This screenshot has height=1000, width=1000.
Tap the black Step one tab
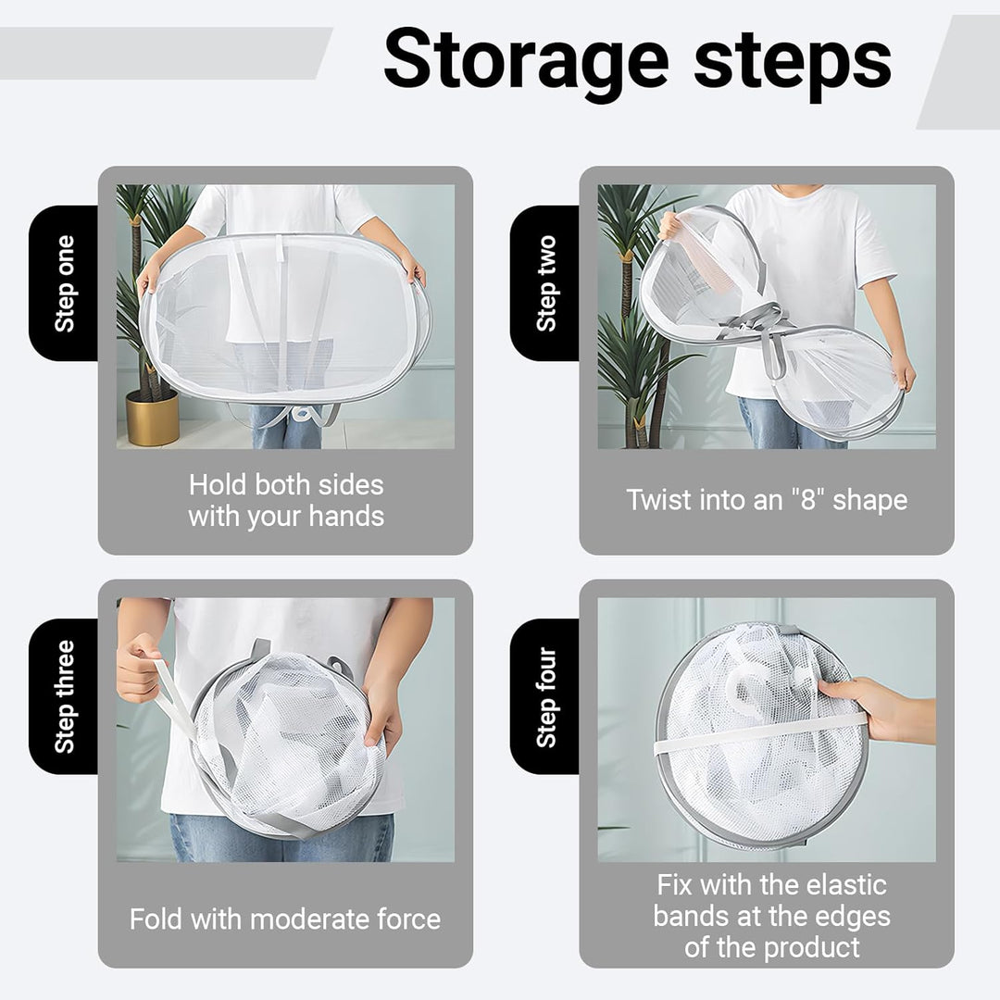tap(64, 283)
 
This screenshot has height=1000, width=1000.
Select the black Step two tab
tap(545, 283)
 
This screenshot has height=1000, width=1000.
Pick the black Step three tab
tap(64, 696)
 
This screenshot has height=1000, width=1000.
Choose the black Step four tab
tap(545, 696)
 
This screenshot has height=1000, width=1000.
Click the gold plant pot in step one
tap(153, 418)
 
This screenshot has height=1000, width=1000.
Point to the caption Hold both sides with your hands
tap(286, 501)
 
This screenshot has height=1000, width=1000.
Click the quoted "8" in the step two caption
tap(808, 499)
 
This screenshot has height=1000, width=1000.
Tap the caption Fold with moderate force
tap(285, 919)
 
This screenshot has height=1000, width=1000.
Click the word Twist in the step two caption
tap(659, 499)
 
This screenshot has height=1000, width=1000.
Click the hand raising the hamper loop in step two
tap(670, 224)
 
